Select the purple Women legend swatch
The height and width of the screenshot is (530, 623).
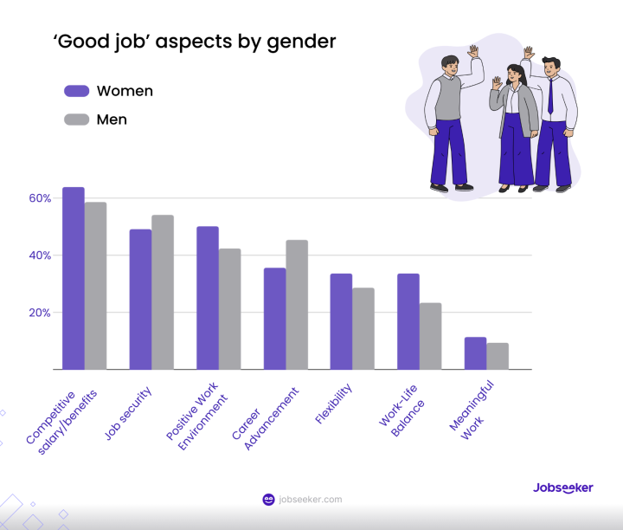[x=77, y=91]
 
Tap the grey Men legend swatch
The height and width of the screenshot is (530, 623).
[x=77, y=120]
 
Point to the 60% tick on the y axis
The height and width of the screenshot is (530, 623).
[x=40, y=198]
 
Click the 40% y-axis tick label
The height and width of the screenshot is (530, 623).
[x=40, y=255]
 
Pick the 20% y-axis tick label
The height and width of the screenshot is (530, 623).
[x=40, y=313]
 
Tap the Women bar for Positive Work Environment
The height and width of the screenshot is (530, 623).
[x=208, y=298]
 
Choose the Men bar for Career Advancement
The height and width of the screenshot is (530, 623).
[x=297, y=305]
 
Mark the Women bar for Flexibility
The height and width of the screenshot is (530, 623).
[x=341, y=321]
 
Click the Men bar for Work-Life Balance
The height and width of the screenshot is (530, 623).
[x=430, y=336]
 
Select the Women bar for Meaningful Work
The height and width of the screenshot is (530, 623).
[x=475, y=353]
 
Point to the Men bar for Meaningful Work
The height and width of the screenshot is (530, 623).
[x=498, y=356]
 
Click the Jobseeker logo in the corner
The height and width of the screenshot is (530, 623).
[x=562, y=488]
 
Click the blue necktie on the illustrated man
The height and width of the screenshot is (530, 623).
[x=550, y=97]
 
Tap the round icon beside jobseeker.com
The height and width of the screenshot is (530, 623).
[x=268, y=500]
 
